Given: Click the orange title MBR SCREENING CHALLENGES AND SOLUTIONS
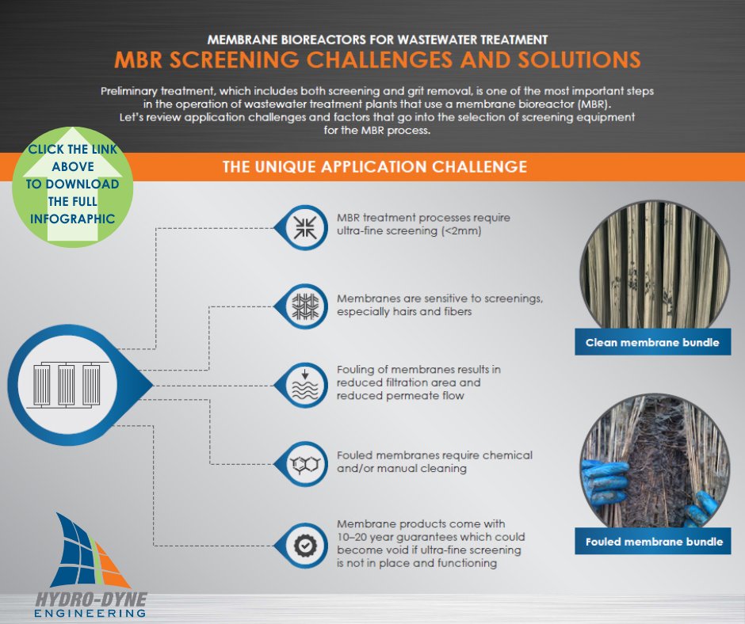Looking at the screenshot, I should (376, 60).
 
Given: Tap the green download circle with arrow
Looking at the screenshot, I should (73, 184).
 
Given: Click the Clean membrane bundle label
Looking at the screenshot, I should (652, 343).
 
